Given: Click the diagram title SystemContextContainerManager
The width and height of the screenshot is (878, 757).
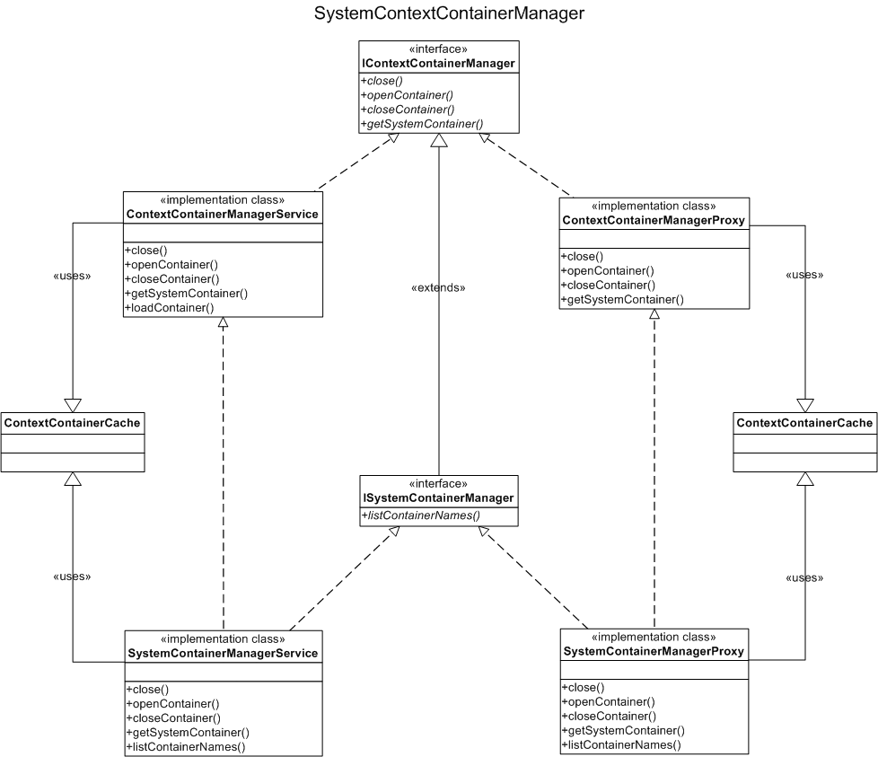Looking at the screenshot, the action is pos(449,13).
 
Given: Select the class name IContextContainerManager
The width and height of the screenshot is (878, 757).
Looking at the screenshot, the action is pos(438,63).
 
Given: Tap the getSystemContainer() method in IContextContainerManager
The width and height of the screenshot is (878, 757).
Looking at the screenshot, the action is pos(422,124).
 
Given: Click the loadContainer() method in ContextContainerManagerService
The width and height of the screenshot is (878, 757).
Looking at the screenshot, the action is pos(170,307).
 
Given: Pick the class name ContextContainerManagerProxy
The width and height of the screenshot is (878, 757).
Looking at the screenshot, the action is pos(654,220).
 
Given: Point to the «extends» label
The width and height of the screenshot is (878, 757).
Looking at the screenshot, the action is pos(438,287).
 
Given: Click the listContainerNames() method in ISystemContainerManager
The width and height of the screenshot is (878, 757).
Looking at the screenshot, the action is pos(421,515).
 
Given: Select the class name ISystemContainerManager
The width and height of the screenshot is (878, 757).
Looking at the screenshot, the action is pos(438,497).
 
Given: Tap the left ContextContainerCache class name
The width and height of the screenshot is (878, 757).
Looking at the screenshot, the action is pos(72,423).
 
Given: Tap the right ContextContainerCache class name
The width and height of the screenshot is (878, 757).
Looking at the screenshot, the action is pos(804,423).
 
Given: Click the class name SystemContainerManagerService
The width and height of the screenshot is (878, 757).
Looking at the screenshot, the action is pos(223,653).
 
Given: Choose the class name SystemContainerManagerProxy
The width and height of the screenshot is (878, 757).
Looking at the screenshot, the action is pos(654,651).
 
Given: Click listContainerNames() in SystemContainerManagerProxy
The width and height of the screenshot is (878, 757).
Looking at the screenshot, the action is pos(621,744).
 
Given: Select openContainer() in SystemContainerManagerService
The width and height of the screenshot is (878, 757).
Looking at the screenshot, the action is pos(172,704).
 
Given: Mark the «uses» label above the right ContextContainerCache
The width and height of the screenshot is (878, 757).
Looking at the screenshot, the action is pos(804,275).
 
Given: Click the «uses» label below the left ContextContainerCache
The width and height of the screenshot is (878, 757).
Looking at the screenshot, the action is pos(72,577).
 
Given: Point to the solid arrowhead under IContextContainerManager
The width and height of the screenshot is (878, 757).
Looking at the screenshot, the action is pos(439,140).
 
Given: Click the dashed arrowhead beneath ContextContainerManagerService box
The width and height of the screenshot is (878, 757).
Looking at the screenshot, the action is pos(223,322).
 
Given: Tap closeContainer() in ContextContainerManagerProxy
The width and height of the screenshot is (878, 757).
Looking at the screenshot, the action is pos(608,285).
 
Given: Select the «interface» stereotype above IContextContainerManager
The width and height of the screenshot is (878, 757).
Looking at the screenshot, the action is pos(438,49).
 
